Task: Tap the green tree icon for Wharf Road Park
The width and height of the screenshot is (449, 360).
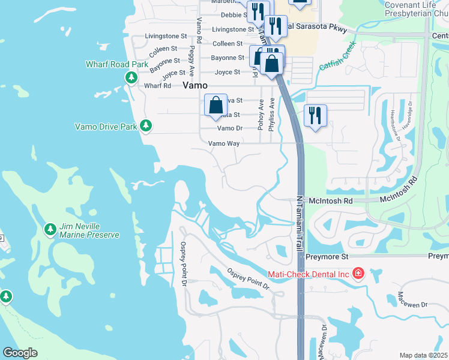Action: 131,77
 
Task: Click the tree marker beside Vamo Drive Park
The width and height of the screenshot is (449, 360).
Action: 145,125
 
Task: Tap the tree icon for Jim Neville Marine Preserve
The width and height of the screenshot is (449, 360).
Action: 50,230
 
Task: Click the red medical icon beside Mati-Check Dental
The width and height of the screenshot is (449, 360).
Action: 358,274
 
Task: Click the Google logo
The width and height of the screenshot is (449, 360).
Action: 20,353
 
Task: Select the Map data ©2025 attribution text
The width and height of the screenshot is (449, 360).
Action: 423,355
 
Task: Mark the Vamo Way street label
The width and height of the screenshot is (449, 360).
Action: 224,143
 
